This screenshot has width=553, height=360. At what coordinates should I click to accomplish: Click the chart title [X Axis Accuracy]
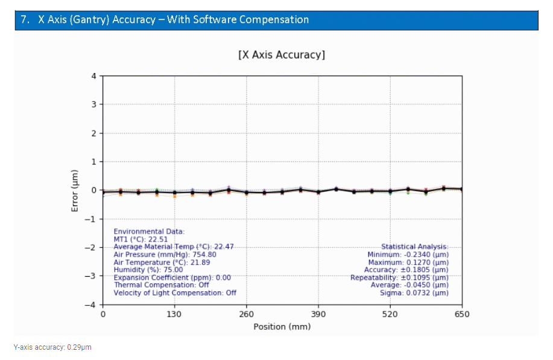coord(282,55)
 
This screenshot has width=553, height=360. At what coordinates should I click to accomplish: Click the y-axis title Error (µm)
coord(75,191)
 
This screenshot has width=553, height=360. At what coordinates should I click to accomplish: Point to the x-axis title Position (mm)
coord(282,327)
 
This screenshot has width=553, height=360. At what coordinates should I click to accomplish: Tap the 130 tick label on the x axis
coord(174,314)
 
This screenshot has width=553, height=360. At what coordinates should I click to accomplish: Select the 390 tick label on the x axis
coord(318,314)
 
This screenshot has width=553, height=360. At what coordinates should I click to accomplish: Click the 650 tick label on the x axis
coord(462,314)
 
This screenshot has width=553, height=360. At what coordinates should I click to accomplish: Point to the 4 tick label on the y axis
coord(93,76)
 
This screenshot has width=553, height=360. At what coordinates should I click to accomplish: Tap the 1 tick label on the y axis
coord(93,162)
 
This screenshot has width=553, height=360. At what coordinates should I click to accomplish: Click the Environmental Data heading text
coord(149,232)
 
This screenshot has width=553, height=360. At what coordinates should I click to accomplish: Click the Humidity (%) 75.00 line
coord(148,270)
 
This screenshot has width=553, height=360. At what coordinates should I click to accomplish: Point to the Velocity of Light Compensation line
coord(175,292)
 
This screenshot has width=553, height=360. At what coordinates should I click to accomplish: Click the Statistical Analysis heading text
coord(414,247)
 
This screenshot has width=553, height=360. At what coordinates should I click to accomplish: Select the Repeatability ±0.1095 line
coord(399,277)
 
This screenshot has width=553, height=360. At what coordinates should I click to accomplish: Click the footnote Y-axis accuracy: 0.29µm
coord(52,347)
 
